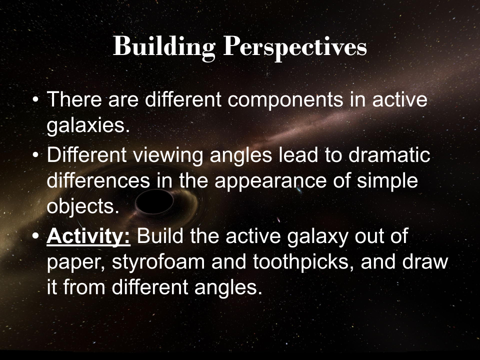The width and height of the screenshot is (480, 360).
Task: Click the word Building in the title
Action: click(x=164, y=47)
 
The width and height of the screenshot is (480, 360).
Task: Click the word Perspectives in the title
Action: click(x=295, y=47)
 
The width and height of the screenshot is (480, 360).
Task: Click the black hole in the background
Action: click(x=154, y=202)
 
